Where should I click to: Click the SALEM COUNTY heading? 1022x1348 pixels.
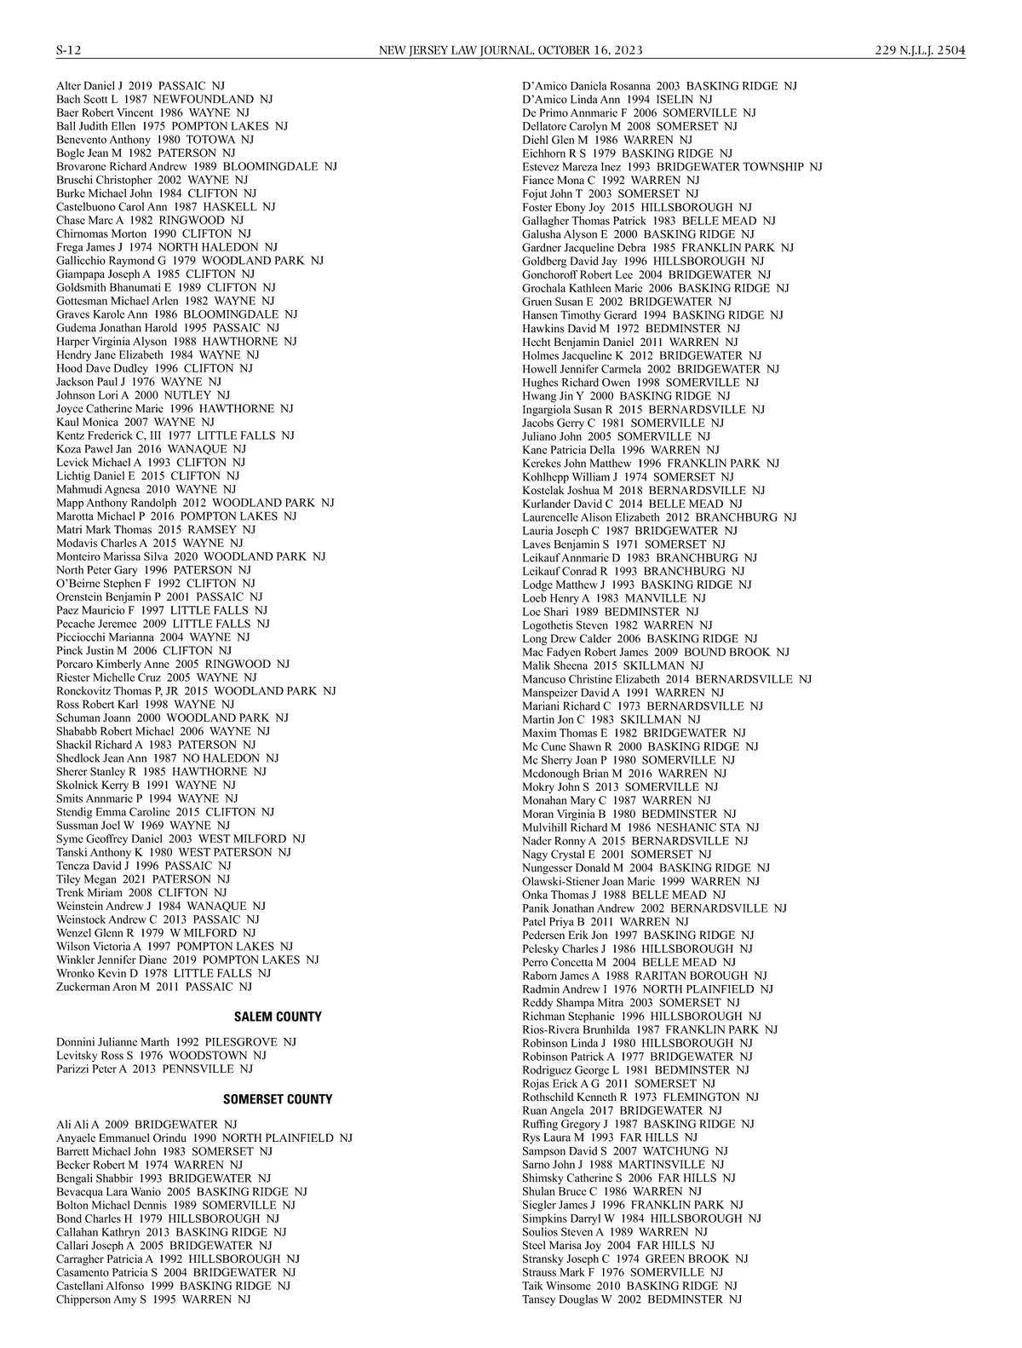click(x=278, y=1017)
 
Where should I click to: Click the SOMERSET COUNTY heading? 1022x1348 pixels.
click(x=278, y=1099)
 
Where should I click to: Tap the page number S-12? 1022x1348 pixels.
click(x=68, y=50)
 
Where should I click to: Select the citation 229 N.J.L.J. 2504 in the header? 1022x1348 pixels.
click(x=920, y=50)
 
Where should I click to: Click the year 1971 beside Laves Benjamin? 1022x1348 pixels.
click(x=626, y=544)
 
